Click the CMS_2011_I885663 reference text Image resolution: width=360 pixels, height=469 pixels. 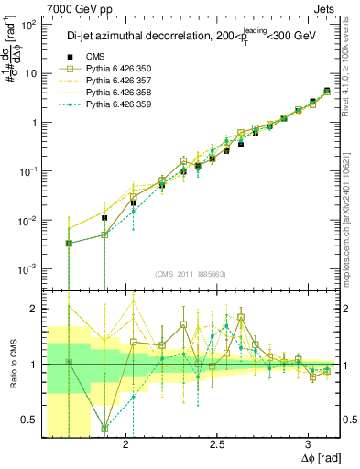click(x=192, y=274)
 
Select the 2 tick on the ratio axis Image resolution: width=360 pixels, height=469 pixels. click(x=35, y=309)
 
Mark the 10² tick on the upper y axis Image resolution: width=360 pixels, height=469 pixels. click(x=29, y=26)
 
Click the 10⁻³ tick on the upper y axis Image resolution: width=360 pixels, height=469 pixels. click(x=29, y=268)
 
